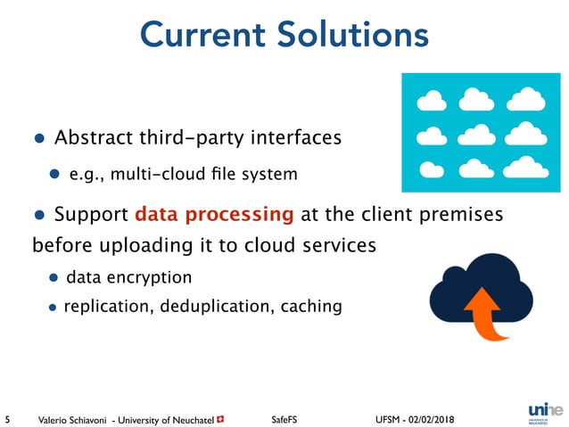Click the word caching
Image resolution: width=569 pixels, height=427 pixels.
pyautogui.click(x=311, y=307)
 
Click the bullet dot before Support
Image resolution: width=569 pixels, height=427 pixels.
pyautogui.click(x=38, y=216)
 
